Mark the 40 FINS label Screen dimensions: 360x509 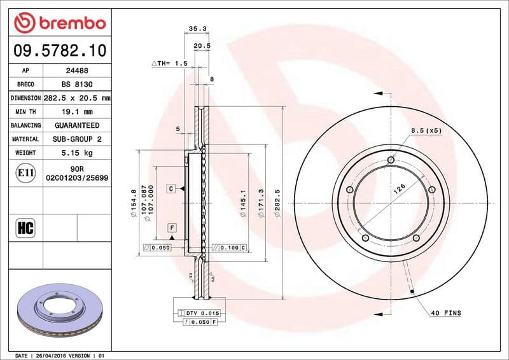point(446,313)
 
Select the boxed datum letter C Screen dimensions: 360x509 point(171,188)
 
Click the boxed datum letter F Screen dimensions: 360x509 point(171,227)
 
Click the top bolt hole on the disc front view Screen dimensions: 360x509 point(391,160)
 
